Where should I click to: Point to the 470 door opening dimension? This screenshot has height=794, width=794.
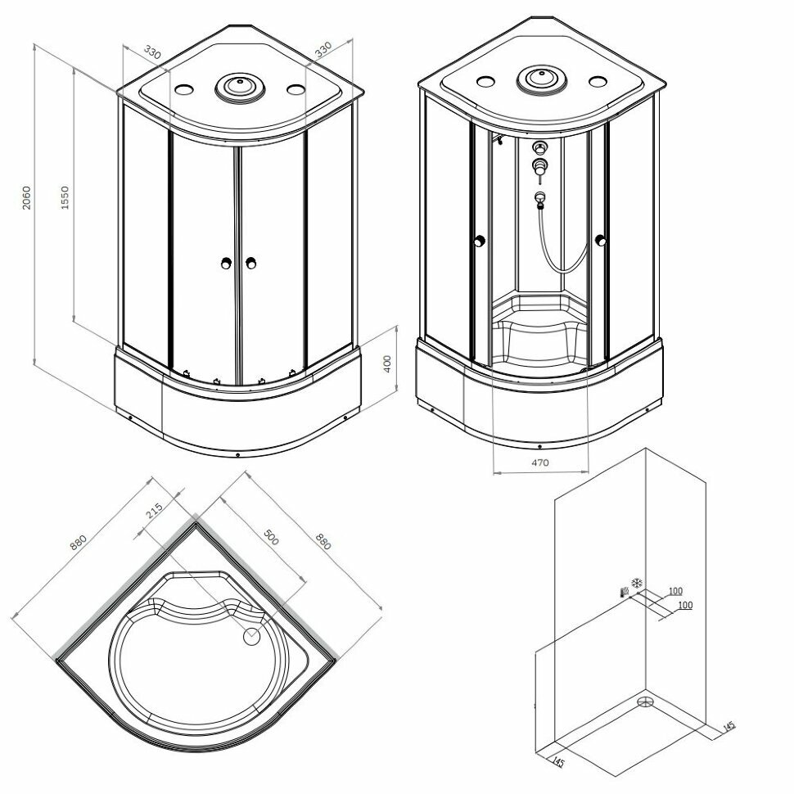(539, 462)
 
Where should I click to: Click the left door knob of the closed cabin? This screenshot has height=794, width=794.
(225, 263)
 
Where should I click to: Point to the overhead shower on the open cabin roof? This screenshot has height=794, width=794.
(539, 79)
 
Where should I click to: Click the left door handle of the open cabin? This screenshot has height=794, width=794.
(480, 241)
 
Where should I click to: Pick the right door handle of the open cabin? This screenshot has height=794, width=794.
(602, 241)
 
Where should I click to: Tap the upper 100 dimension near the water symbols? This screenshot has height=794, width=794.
(675, 591)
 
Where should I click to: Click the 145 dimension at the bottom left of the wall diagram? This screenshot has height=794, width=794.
(558, 763)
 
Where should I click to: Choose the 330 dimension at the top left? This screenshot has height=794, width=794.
(151, 52)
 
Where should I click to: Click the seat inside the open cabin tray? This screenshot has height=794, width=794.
(539, 313)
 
